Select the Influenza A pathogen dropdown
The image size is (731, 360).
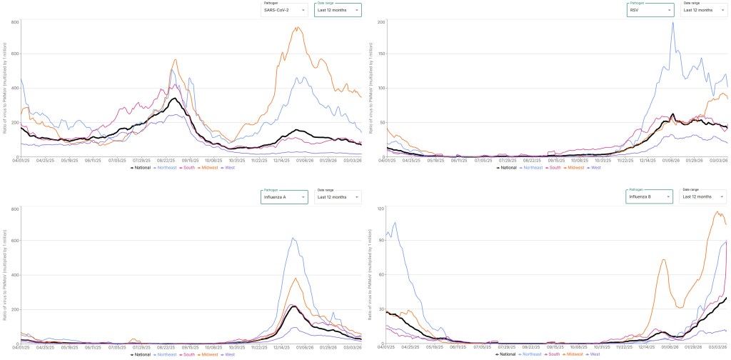(286, 196)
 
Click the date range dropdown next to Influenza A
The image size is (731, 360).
(338, 196)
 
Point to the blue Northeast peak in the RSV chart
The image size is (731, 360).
(672, 23)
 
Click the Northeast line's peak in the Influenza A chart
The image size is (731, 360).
(294, 239)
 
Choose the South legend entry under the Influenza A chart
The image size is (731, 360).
(187, 354)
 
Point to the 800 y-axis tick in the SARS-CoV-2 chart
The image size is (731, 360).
(14, 22)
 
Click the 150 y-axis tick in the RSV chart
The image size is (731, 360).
(380, 55)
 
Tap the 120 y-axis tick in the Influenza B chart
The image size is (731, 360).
(380, 208)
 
